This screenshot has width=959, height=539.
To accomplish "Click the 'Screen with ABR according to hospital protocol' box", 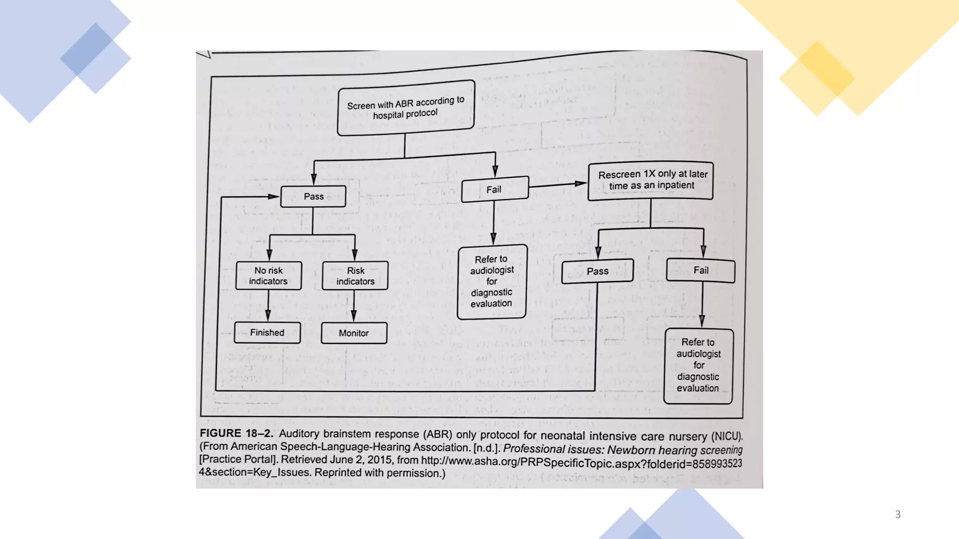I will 406,108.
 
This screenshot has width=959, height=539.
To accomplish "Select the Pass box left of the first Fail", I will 313,197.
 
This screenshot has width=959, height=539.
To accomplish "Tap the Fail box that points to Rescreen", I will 495,189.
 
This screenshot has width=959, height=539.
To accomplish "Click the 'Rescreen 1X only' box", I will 651,181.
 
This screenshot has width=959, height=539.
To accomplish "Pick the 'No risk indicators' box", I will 268,276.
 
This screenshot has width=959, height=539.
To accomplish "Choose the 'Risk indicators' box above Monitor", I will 355,276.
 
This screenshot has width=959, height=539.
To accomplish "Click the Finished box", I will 267,333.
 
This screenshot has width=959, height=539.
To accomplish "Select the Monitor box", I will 354,333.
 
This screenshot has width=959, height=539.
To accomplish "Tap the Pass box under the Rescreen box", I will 598,271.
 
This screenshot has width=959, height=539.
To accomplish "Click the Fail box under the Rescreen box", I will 701,270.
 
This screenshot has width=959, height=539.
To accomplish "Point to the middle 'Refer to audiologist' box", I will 492,282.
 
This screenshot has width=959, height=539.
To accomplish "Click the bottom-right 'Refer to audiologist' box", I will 698,365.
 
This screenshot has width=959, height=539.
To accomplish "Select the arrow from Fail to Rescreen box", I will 558,185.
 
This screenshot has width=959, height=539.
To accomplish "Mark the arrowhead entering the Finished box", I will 268,316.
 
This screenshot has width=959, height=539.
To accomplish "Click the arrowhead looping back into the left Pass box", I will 273,197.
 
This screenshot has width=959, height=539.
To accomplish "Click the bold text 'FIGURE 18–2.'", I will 236,433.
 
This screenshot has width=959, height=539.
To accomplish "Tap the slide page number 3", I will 898,515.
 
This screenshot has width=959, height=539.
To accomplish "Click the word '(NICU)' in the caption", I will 727,437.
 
